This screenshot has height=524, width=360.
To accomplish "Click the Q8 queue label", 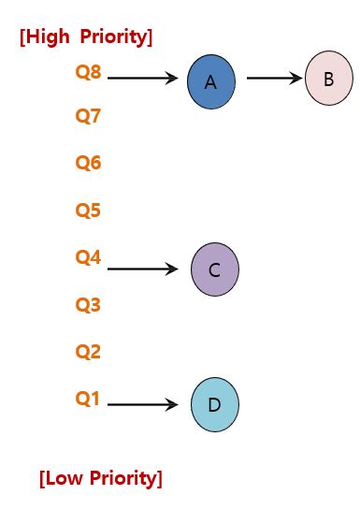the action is pyautogui.click(x=88, y=71).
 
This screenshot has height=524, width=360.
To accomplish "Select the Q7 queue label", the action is pyautogui.click(x=88, y=117).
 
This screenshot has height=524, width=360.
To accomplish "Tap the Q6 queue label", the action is pyautogui.click(x=88, y=163).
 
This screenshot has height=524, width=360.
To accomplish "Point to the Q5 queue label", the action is pyautogui.click(x=88, y=210).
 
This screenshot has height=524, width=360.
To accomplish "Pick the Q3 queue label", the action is pyautogui.click(x=88, y=304).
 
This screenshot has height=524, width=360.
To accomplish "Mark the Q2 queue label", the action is pyautogui.click(x=88, y=352).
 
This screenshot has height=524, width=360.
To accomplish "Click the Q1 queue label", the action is pyautogui.click(x=88, y=398).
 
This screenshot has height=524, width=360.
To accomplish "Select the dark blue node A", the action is pyautogui.click(x=210, y=81).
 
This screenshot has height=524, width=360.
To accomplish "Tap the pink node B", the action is pyautogui.click(x=328, y=79).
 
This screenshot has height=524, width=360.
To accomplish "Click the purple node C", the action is pyautogui.click(x=214, y=269).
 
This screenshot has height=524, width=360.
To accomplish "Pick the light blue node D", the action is pyautogui.click(x=214, y=404).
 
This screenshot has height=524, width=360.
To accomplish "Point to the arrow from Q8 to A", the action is pyautogui.click(x=142, y=79).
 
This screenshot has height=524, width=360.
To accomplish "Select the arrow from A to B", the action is pyautogui.click(x=276, y=79).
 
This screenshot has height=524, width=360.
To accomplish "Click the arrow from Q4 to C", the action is pyautogui.click(x=142, y=269).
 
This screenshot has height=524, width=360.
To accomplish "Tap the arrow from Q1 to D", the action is pyautogui.click(x=142, y=405).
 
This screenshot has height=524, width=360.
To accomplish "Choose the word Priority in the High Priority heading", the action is pyautogui.click(x=116, y=37).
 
